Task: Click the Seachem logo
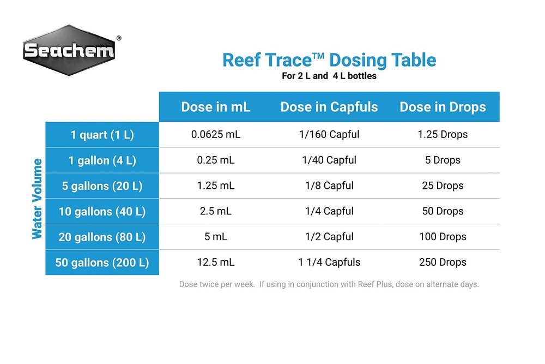point(69,51)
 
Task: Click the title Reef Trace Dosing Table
point(329,59)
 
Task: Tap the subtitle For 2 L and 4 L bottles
point(329,76)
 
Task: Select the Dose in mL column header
point(216,107)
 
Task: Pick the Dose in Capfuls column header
point(329,107)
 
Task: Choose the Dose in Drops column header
point(443,107)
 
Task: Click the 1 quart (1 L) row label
point(102,135)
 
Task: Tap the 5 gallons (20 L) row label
point(102,186)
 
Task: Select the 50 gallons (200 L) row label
point(102,262)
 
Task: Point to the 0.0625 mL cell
point(216,134)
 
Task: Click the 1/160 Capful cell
point(329,134)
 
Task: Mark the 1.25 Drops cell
point(443,134)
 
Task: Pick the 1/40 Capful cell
point(329,160)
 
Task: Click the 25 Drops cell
point(443,186)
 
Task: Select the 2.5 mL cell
point(216,211)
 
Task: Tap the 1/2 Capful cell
point(329,237)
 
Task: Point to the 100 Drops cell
point(443,237)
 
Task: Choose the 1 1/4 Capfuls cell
point(329,262)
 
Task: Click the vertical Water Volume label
point(37,199)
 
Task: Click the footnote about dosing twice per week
point(329,284)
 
